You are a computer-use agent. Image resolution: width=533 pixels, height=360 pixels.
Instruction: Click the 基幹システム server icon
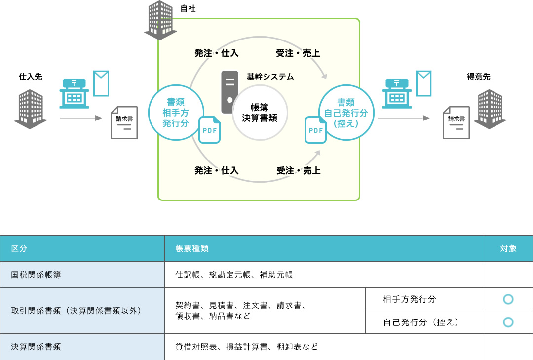pos(229,92)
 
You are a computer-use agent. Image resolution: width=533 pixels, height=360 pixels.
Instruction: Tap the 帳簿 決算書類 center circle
pos(260,113)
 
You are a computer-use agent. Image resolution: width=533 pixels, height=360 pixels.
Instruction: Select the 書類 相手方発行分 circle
pos(176,112)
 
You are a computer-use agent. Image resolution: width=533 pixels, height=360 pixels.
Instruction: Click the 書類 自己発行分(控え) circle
pos(345,112)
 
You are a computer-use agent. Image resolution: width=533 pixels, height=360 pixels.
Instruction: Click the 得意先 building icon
pos(490,109)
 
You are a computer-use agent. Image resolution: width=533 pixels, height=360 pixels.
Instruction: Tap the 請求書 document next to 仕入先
pos(124,122)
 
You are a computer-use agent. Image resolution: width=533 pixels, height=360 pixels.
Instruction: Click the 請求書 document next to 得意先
pos(456,122)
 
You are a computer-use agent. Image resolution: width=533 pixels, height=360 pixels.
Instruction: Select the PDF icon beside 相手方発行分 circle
pos(209,130)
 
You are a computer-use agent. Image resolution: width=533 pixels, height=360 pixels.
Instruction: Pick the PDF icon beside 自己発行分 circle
pos(315,130)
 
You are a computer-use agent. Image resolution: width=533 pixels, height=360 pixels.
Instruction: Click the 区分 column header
pos(19,248)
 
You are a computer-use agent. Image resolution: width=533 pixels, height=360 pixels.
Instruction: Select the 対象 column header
pos(508,248)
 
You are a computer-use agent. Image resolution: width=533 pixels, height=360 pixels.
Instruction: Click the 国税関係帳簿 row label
pos(36,275)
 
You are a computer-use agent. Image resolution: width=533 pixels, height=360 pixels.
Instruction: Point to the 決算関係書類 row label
pos(36,347)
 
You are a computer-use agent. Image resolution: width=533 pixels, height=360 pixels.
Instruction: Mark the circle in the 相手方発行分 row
pos(508,299)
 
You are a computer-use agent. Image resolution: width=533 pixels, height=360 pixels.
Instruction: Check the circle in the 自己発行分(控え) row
pos(508,322)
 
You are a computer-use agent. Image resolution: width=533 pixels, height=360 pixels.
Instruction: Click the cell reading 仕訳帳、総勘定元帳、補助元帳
pos(234,275)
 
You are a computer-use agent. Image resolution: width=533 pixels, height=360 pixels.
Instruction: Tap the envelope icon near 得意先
pos(423,83)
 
